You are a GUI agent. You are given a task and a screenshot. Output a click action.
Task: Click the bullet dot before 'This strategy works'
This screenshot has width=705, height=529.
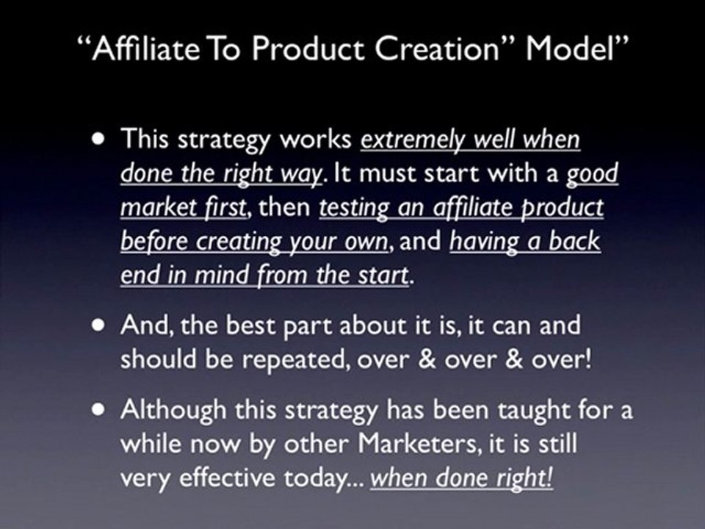(x=99, y=139)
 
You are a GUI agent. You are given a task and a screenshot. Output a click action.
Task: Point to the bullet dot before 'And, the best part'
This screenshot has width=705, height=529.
(x=99, y=325)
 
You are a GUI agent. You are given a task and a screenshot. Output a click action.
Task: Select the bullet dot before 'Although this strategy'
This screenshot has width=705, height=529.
(x=99, y=409)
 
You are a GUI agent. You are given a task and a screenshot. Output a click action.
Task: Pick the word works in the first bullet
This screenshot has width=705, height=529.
(x=316, y=139)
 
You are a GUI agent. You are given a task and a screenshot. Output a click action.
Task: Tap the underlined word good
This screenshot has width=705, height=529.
(x=592, y=174)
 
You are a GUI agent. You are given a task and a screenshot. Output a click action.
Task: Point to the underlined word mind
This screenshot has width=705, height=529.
(x=221, y=274)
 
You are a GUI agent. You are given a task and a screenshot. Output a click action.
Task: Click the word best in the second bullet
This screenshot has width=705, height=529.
(x=250, y=325)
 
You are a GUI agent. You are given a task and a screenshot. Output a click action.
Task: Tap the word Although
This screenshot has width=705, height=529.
(x=173, y=410)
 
